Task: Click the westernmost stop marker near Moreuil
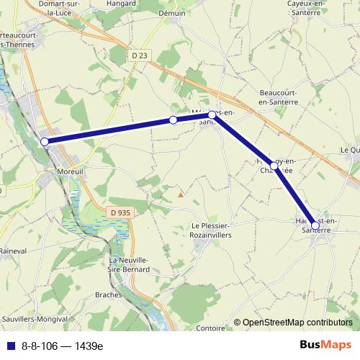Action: point(45,142)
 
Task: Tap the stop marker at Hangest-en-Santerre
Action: point(315,225)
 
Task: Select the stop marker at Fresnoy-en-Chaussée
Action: point(274,166)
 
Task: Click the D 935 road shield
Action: point(120,212)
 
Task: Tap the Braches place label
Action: point(126,295)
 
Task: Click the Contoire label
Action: point(210,328)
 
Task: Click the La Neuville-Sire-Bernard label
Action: point(130,264)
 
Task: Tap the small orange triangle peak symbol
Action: point(181,193)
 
